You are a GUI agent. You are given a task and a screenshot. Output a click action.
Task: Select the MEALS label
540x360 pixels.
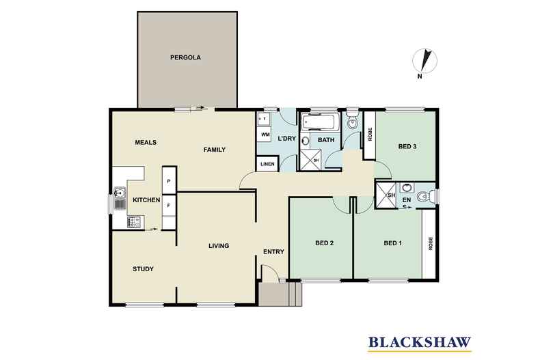(146, 143)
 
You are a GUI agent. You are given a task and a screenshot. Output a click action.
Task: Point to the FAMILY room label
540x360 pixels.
(214, 150)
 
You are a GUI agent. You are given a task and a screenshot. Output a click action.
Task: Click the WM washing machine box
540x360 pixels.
(265, 136)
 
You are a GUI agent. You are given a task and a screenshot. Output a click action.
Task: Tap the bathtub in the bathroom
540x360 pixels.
(319, 124)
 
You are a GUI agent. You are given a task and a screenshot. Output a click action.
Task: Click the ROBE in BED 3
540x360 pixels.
(370, 135)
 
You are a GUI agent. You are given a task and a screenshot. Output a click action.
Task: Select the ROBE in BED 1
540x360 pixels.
(430, 244)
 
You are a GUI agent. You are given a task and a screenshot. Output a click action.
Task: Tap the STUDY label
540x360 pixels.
(143, 268)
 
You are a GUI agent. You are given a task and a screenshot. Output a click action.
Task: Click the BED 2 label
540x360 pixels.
(324, 243)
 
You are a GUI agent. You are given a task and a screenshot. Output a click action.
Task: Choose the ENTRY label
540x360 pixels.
(273, 252)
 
